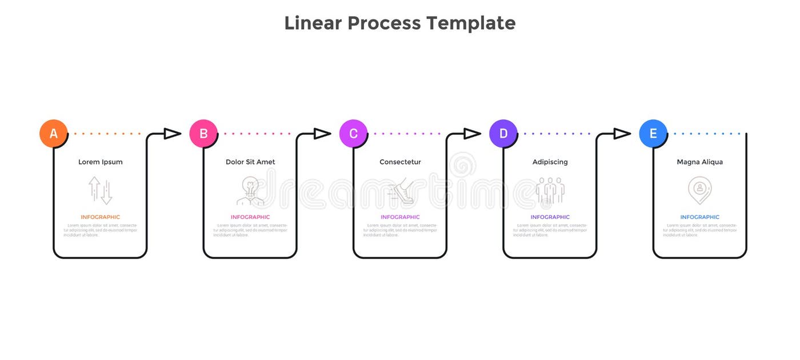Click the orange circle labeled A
[54, 134]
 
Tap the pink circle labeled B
[203, 134]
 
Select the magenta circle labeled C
[353, 134]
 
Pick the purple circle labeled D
[503, 134]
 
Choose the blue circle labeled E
[653, 134]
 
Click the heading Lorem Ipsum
[101, 162]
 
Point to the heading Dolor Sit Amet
[250, 162]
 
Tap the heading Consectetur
[400, 162]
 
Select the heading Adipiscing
[550, 162]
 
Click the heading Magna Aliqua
[699, 162]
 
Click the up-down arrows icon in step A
[101, 190]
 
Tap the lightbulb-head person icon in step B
[250, 191]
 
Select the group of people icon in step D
[550, 191]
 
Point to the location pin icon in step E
[699, 190]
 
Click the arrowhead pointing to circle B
[172, 134]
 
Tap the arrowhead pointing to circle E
[622, 134]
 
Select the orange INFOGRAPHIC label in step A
[101, 217]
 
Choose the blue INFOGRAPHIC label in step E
[699, 217]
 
